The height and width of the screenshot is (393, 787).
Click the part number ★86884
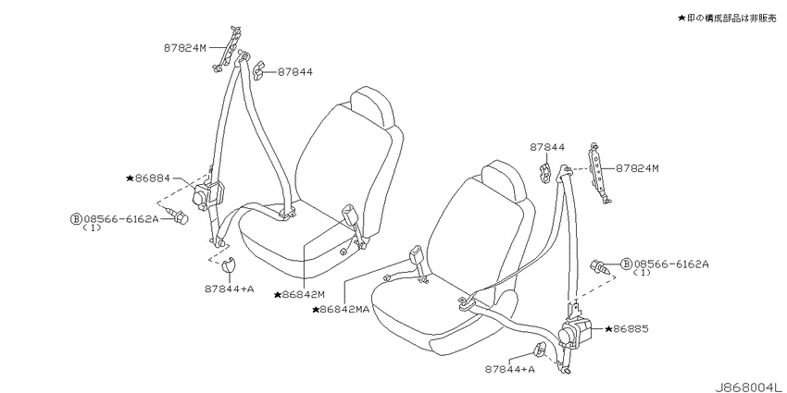tap(148, 178)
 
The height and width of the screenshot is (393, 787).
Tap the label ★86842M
tap(299, 295)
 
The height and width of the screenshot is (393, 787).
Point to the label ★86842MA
tap(341, 309)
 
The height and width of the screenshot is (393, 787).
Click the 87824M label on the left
tap(184, 48)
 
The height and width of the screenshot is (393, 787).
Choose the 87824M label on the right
tap(637, 168)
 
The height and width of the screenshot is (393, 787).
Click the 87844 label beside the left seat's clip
tap(295, 72)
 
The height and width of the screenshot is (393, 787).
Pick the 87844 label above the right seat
tap(547, 147)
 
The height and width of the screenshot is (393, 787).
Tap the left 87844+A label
tap(229, 289)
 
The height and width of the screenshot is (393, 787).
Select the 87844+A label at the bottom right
tap(510, 369)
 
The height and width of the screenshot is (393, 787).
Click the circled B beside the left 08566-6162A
tap(75, 218)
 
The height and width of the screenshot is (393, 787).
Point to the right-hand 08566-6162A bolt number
tap(671, 264)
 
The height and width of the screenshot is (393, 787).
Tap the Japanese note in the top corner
tap(727, 18)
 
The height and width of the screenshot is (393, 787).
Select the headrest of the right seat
tap(504, 180)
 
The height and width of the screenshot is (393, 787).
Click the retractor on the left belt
tap(207, 193)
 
